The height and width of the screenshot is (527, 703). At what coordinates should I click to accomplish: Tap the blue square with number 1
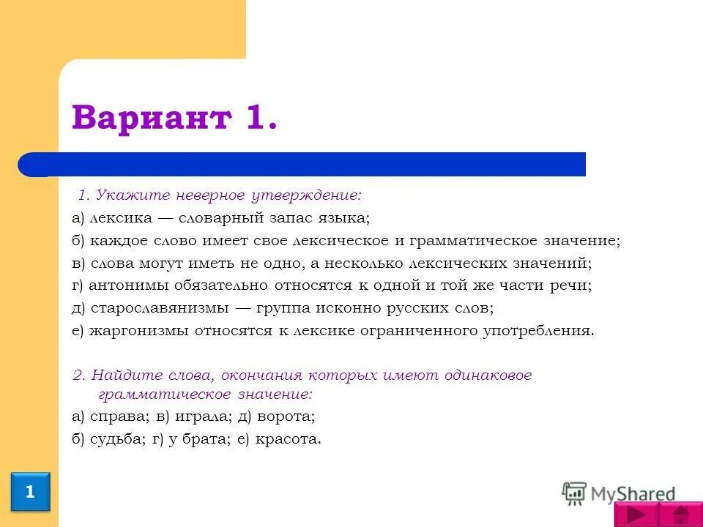click(x=30, y=492)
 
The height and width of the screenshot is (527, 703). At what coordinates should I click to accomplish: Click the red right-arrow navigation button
click(x=636, y=515)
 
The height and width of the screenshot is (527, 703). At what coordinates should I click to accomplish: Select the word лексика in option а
click(x=122, y=218)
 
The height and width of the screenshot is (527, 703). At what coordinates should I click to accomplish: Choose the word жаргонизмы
click(x=139, y=330)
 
